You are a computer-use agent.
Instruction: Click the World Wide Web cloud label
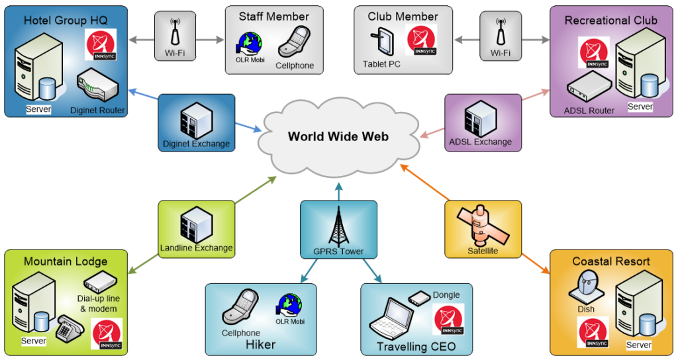coord(338,137)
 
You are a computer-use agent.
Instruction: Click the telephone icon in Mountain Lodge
coord(69,326)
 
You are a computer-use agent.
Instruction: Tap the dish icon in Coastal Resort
coord(585,287)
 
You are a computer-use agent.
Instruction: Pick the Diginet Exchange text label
coord(196,144)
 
